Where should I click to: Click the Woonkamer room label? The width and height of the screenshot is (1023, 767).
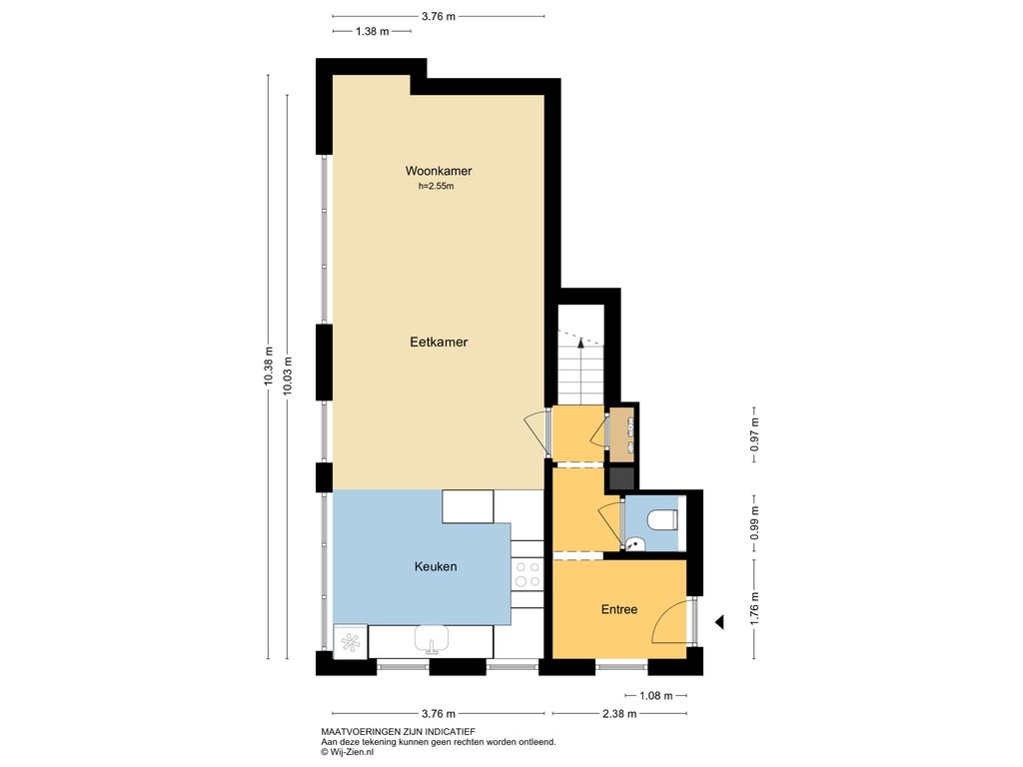coord(438,171)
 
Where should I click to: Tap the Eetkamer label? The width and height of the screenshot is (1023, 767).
coord(439,342)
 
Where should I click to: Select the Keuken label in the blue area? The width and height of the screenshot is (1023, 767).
coord(436,567)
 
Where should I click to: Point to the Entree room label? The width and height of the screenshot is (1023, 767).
coord(619,609)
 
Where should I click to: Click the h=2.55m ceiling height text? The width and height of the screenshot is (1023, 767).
coord(436,186)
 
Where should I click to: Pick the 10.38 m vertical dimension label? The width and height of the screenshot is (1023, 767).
coord(269,368)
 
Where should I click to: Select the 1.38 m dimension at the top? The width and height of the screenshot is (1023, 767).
coord(372,31)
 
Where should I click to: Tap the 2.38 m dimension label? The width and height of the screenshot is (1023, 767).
coord(619,713)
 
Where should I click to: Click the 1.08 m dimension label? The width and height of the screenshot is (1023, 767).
coord(655,696)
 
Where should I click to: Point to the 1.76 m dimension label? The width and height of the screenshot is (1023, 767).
coord(755,608)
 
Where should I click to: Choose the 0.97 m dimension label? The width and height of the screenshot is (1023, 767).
coord(755,435)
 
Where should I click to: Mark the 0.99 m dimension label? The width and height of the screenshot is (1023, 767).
coord(755,523)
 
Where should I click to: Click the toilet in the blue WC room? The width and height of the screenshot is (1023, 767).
coord(663,519)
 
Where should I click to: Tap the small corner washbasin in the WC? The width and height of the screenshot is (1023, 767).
coord(634,543)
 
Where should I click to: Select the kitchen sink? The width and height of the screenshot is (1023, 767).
coord(432,639)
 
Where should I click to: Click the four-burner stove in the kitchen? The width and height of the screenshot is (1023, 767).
coord(527,574)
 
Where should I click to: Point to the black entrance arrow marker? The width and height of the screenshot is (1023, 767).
coord(719,622)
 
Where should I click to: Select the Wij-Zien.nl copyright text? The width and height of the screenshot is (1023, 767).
coord(347,751)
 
